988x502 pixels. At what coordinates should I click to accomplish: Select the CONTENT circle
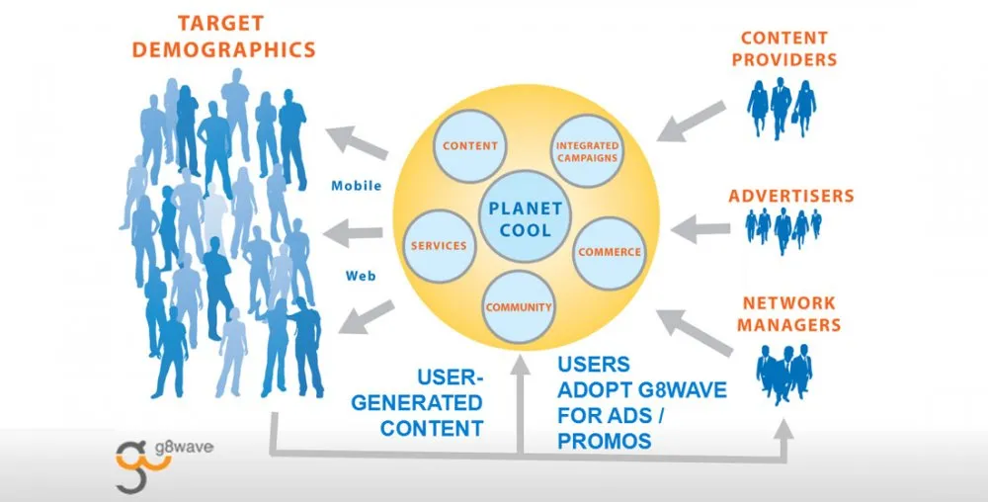[x=470, y=146]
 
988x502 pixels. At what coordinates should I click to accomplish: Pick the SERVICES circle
[x=438, y=244]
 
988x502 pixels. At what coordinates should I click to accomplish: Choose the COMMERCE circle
[x=609, y=251]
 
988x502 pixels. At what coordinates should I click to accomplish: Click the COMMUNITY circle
[x=518, y=306]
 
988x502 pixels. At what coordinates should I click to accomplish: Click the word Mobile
[x=357, y=186]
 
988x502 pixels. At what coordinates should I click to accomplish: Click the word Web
[x=359, y=276]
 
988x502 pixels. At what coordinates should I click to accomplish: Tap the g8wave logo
[x=164, y=457]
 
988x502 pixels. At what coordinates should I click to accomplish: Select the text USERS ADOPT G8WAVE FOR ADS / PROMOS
[x=641, y=402]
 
